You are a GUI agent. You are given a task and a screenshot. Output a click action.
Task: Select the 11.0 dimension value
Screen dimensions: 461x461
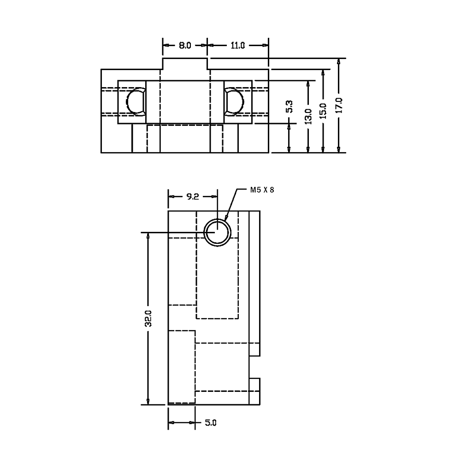(x=237, y=45)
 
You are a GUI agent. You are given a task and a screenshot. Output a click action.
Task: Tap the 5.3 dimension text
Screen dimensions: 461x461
(x=289, y=107)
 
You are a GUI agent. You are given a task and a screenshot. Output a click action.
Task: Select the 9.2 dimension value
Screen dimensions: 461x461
(x=192, y=196)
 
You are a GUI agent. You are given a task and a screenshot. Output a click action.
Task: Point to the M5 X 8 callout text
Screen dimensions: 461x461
(x=262, y=189)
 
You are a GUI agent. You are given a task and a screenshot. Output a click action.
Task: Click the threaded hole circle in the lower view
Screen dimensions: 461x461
(x=218, y=232)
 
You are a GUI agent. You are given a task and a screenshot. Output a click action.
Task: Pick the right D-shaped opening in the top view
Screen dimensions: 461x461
(x=233, y=101)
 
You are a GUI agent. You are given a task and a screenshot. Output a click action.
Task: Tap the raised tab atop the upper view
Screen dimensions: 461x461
(x=185, y=64)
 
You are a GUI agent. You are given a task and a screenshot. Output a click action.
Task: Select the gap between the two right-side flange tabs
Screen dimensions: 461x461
(x=254, y=367)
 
